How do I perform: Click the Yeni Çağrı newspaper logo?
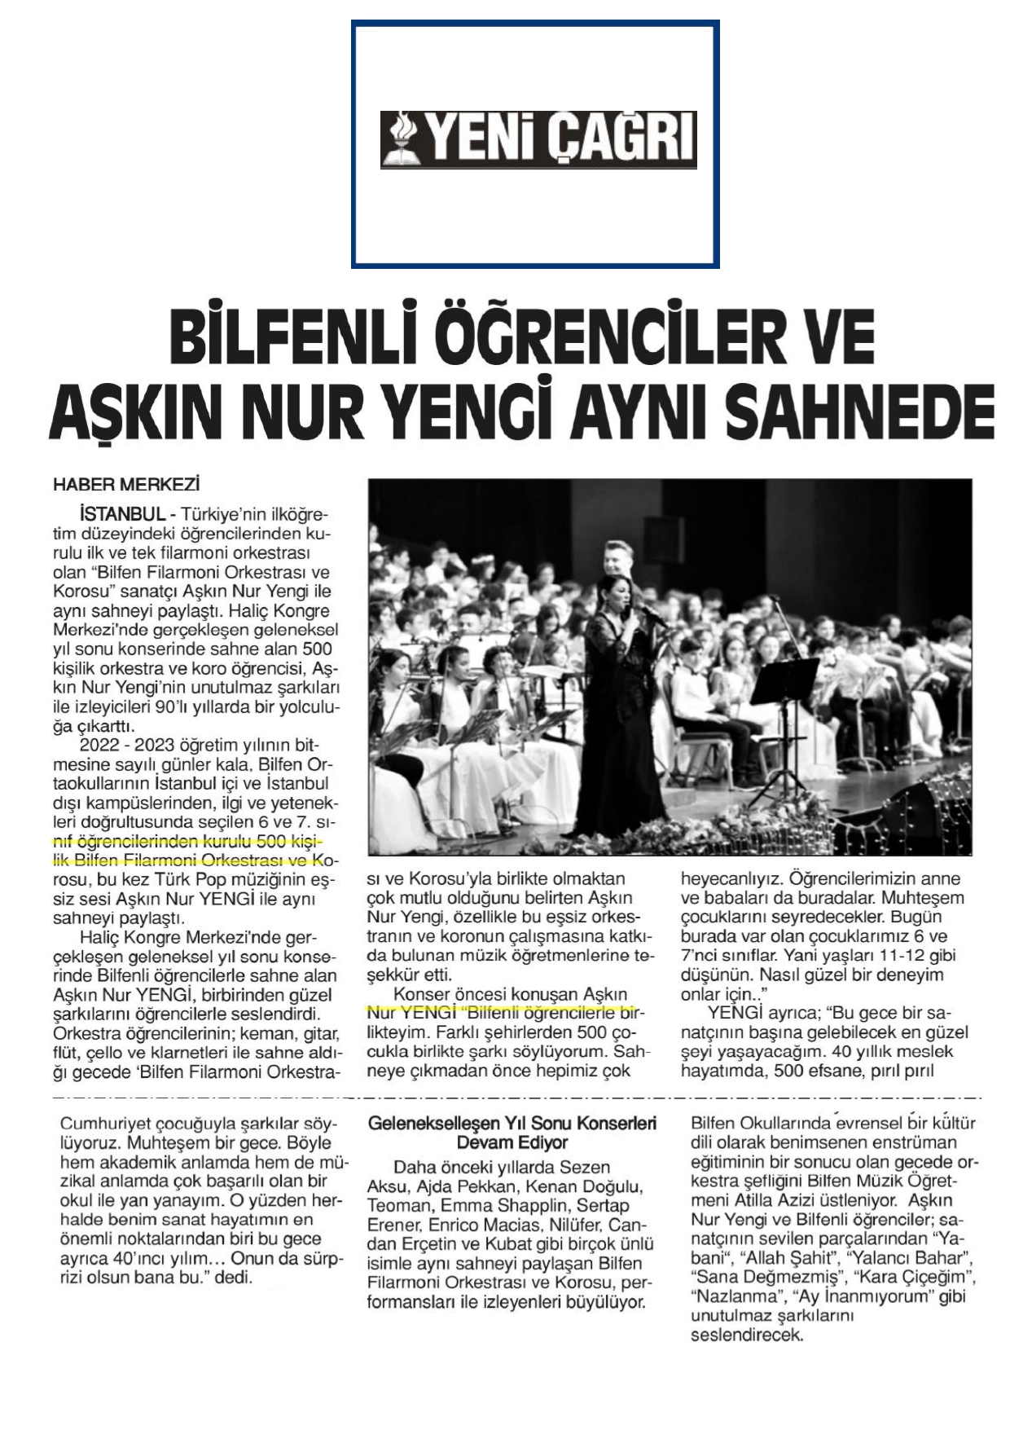click(538, 139)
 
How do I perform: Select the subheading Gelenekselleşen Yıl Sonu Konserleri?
click(512, 1124)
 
